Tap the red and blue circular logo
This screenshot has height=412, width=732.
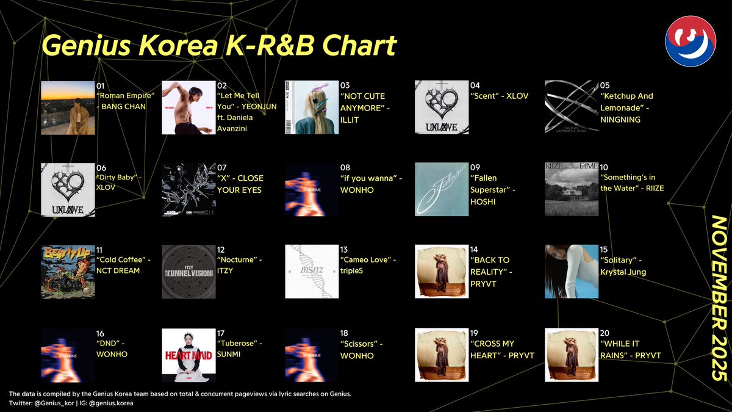(691, 41)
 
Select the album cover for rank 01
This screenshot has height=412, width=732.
(67, 107)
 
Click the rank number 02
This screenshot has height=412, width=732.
(221, 85)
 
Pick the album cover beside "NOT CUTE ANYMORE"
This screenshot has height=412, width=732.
(311, 107)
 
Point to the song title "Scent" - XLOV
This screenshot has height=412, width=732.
(499, 96)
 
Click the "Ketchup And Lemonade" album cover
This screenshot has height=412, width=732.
(571, 107)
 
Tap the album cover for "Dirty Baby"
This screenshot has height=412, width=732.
(67, 189)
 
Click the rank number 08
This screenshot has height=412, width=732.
(345, 167)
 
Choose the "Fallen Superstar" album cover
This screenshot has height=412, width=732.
(441, 189)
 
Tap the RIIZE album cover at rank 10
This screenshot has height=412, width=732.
(571, 189)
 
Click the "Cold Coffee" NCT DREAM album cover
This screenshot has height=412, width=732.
(67, 272)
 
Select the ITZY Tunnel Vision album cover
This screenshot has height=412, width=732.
(188, 272)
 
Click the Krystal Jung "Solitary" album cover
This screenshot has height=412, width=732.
(571, 272)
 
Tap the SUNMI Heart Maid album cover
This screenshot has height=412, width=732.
(188, 355)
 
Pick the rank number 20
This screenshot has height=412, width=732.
(605, 333)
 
